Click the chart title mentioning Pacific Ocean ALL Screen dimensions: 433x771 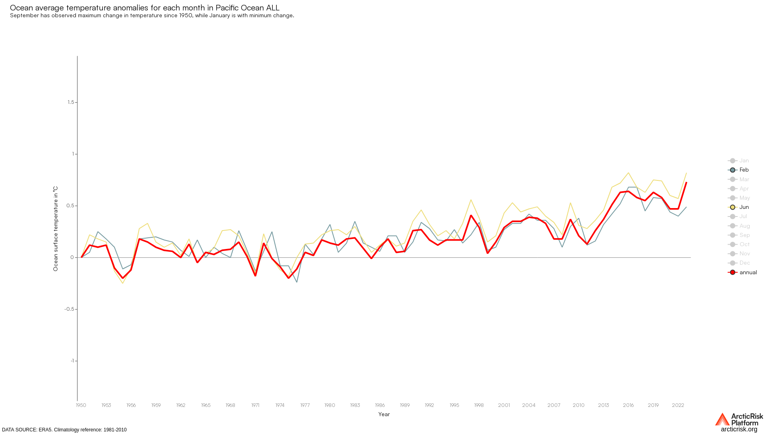145,8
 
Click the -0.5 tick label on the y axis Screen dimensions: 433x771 69,309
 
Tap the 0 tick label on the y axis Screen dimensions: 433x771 72,257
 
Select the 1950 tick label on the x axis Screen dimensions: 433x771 81,405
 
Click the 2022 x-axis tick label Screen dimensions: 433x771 678,405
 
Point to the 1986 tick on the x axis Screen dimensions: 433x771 379,405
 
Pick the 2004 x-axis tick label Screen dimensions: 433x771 528,405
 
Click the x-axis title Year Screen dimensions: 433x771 384,415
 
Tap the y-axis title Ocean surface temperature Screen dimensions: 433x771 55,229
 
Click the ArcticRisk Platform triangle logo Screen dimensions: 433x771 722,419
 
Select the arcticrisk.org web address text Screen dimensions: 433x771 739,429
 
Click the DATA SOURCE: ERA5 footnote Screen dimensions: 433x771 64,430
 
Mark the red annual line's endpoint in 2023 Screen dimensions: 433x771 686,183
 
